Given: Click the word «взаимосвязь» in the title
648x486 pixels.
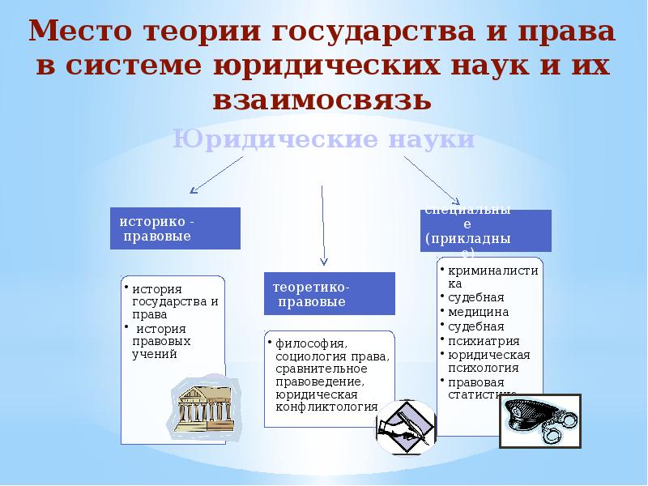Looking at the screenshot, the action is [322, 100].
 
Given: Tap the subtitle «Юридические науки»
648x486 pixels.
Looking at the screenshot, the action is [323, 139].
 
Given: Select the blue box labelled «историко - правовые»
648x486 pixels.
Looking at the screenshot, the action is [175, 228].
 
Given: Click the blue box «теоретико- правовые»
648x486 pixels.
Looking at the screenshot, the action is [329, 293].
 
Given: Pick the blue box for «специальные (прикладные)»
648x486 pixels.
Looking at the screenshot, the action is [485, 230].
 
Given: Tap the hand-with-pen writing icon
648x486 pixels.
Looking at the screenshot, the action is [406, 426].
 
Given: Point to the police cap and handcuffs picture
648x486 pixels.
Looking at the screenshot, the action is [539, 420].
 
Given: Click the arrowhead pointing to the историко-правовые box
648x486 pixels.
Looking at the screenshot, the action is [193, 191].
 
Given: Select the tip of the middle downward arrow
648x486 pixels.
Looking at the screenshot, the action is [323, 262].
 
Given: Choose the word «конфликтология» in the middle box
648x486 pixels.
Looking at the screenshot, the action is [326, 407].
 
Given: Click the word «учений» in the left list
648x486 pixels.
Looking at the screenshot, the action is [153, 354].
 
